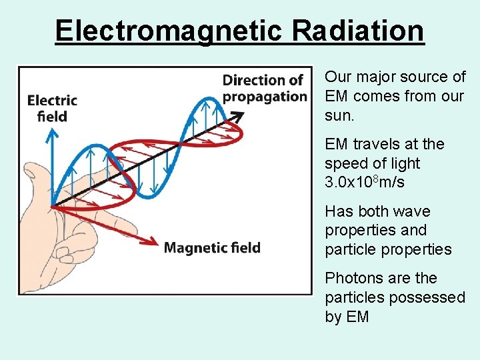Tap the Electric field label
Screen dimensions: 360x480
click(52, 108)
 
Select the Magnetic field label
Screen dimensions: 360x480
click(212, 248)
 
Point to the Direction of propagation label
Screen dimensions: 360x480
click(264, 88)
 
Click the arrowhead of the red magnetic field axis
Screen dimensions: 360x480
click(155, 244)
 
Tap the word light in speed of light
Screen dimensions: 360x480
click(403, 163)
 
